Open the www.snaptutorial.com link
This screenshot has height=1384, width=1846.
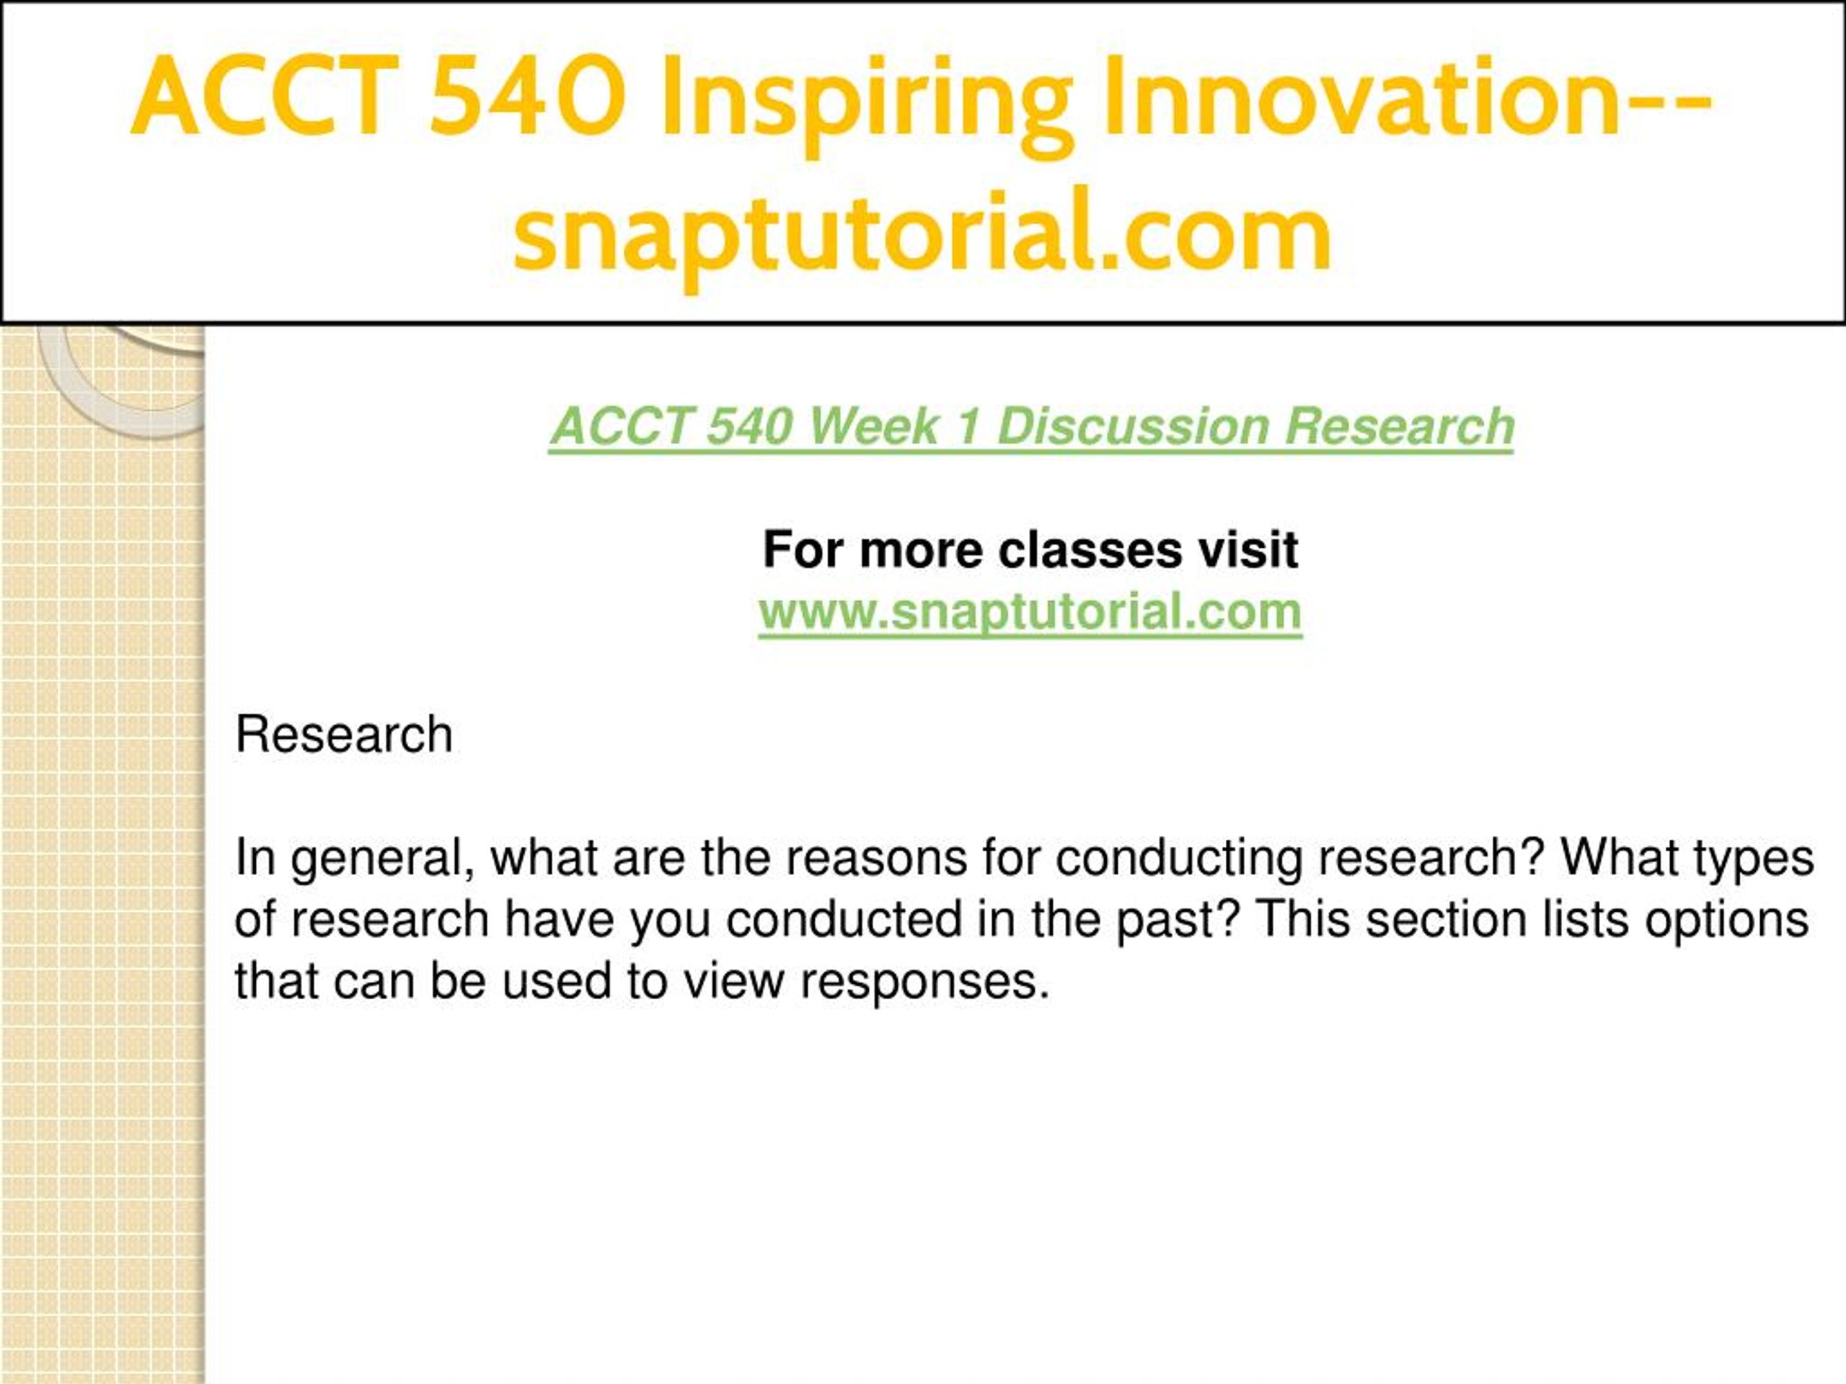[1030, 613]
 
